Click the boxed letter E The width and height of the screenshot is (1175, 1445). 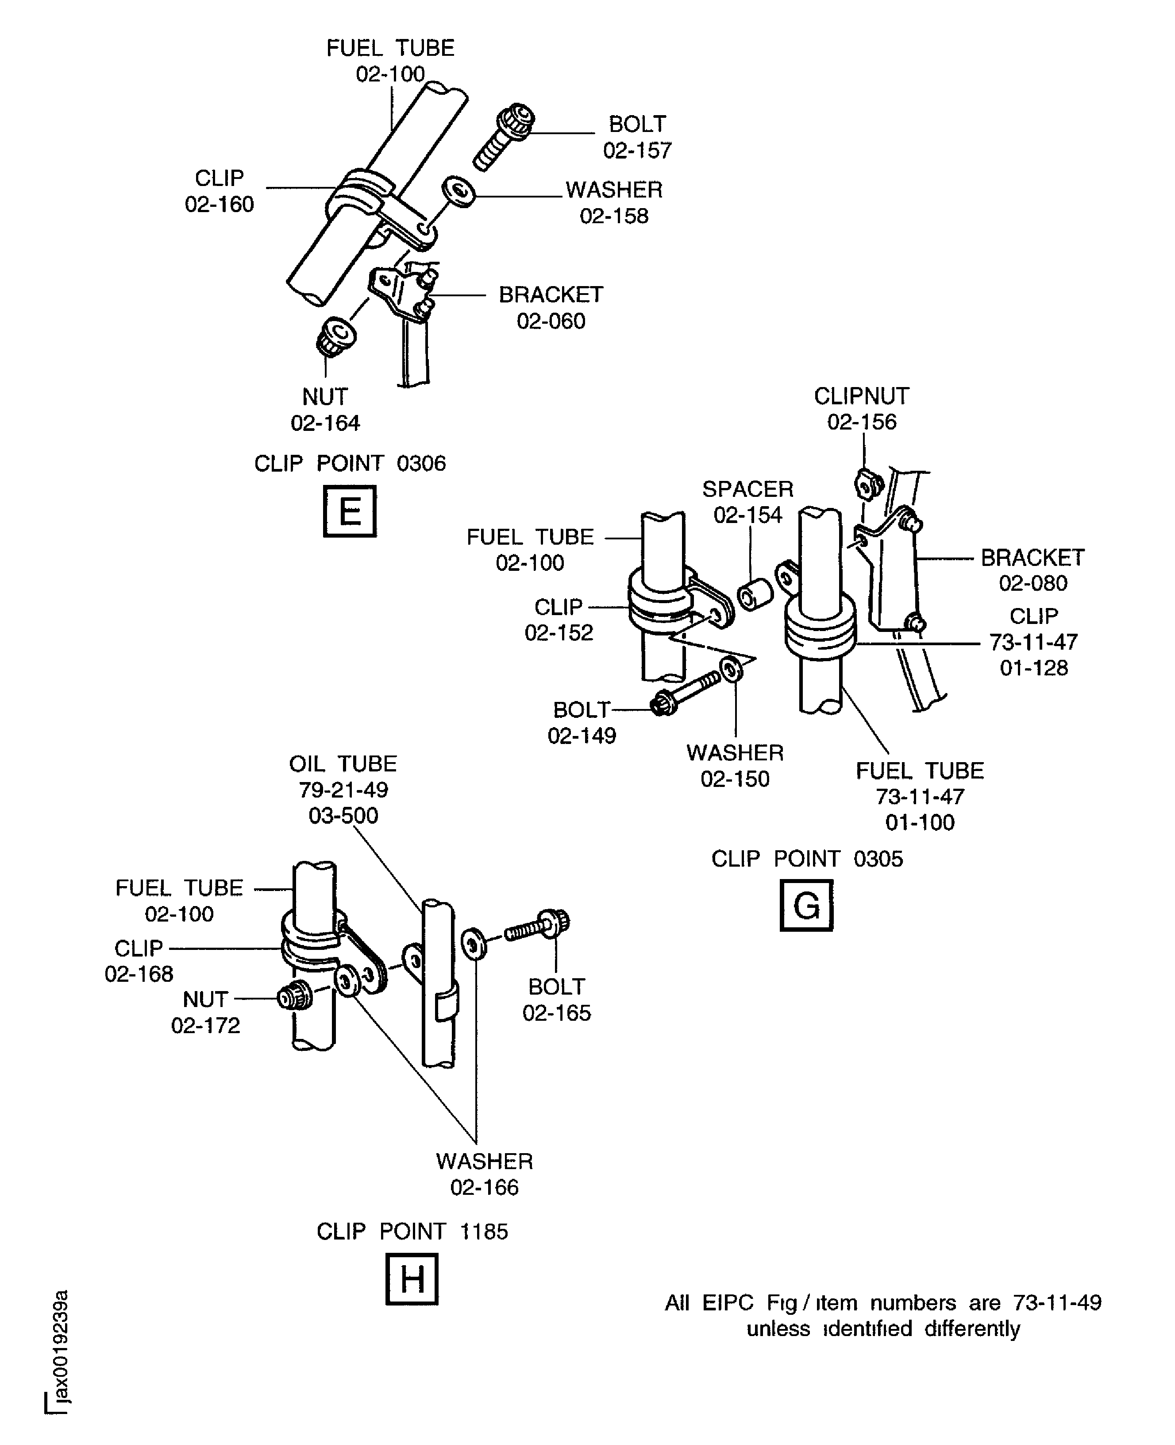pyautogui.click(x=349, y=511)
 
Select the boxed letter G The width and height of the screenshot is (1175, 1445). pyautogui.click(x=806, y=905)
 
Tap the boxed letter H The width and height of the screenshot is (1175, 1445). pyautogui.click(x=412, y=1279)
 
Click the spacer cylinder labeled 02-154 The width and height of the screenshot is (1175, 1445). pyautogui.click(x=755, y=594)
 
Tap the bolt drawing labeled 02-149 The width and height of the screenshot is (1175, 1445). pyautogui.click(x=684, y=695)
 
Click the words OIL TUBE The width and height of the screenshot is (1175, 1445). pyautogui.click(x=343, y=764)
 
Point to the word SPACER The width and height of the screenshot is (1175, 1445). pyautogui.click(x=747, y=489)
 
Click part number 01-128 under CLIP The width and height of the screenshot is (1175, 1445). pyautogui.click(x=1033, y=668)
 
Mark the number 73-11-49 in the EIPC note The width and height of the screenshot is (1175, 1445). pyautogui.click(x=1057, y=1302)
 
